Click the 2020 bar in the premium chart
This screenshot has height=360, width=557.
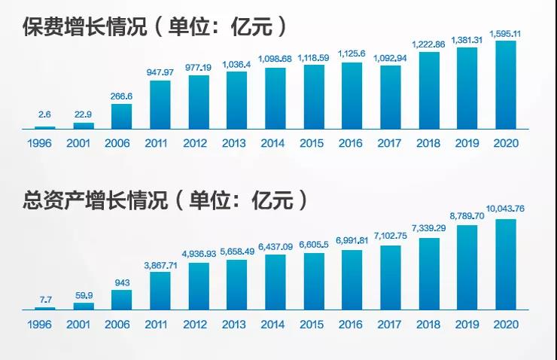pyautogui.click(x=505, y=84)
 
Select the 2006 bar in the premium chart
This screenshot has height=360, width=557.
pyautogui.click(x=121, y=116)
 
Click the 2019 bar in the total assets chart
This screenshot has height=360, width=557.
pyautogui.click(x=467, y=267)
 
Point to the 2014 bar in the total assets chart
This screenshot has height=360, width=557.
pyautogui.click(x=275, y=282)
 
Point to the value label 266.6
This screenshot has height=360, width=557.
pyautogui.click(x=121, y=97)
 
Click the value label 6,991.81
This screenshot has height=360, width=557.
pyautogui.click(x=352, y=241)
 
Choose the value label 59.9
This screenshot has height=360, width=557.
pyautogui.click(x=83, y=296)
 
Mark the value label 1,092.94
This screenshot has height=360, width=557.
pyautogui.click(x=390, y=59)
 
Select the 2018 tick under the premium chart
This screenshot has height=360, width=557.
pyautogui.click(x=428, y=143)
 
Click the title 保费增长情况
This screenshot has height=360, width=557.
pyautogui.click(x=83, y=27)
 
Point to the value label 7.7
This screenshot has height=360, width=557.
pyautogui.click(x=44, y=301)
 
